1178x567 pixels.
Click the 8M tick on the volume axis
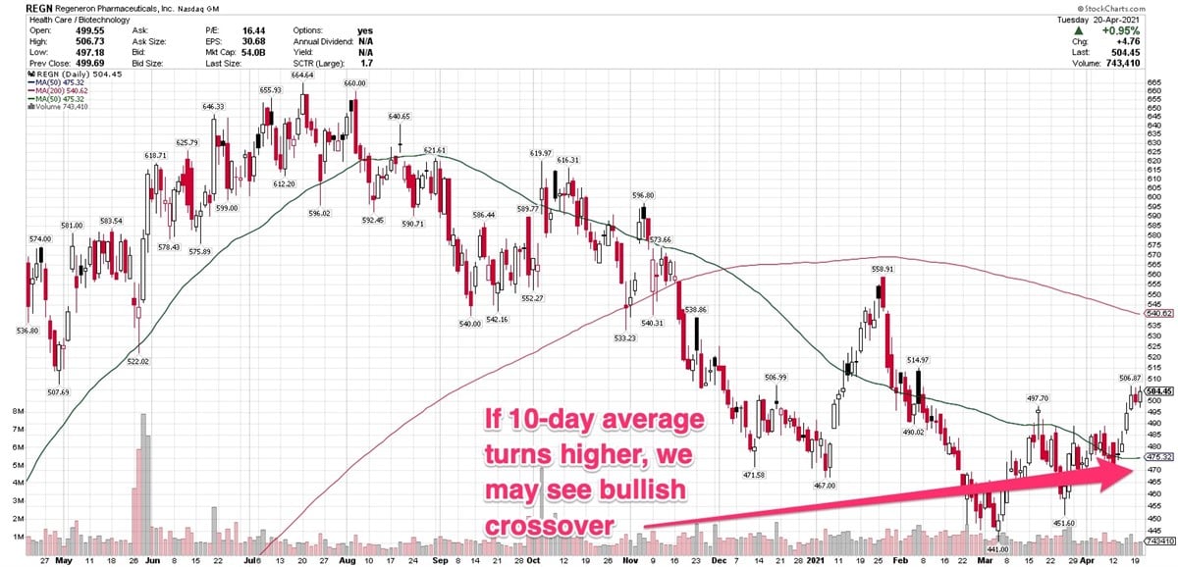[15, 411]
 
